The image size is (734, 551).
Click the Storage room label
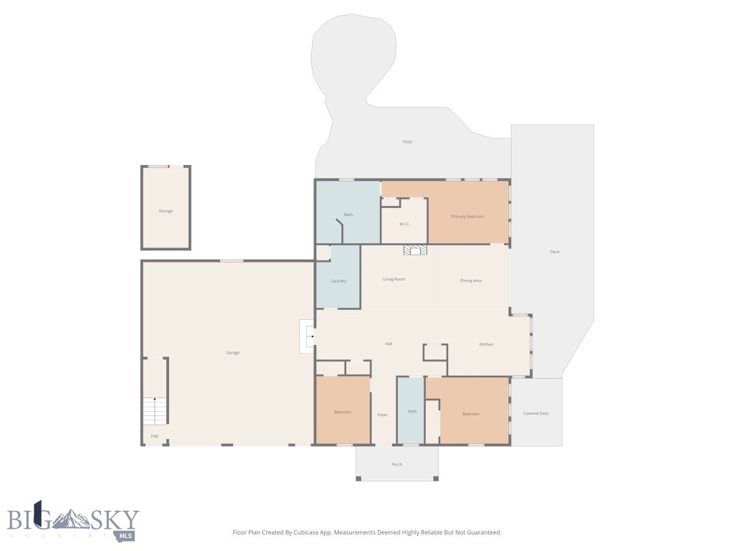tap(166, 211)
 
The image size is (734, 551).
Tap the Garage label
tap(233, 352)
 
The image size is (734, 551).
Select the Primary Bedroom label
tap(467, 217)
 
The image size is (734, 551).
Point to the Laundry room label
tap(338, 281)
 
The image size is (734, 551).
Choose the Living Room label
tap(394, 279)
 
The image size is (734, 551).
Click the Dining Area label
tap(471, 281)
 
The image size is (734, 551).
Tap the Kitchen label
tap(486, 344)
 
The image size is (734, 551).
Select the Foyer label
tap(383, 415)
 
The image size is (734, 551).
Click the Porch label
tap(396, 464)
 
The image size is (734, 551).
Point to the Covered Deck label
tap(535, 413)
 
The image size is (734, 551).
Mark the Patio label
tap(407, 141)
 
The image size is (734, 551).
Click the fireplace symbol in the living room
tap(415, 250)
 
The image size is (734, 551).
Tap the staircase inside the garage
tap(155, 411)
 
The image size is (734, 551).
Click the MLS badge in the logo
tap(125, 535)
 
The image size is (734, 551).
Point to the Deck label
tap(554, 252)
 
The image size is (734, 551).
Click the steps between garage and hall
tap(308, 336)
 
